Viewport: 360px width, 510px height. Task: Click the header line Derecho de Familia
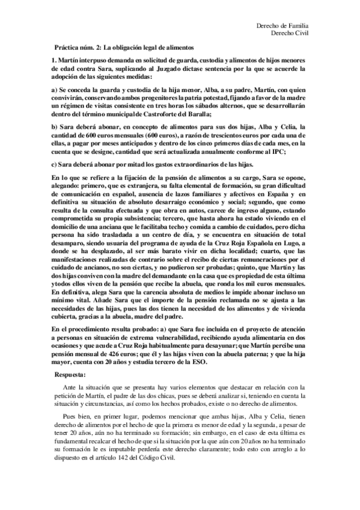(282, 26)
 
